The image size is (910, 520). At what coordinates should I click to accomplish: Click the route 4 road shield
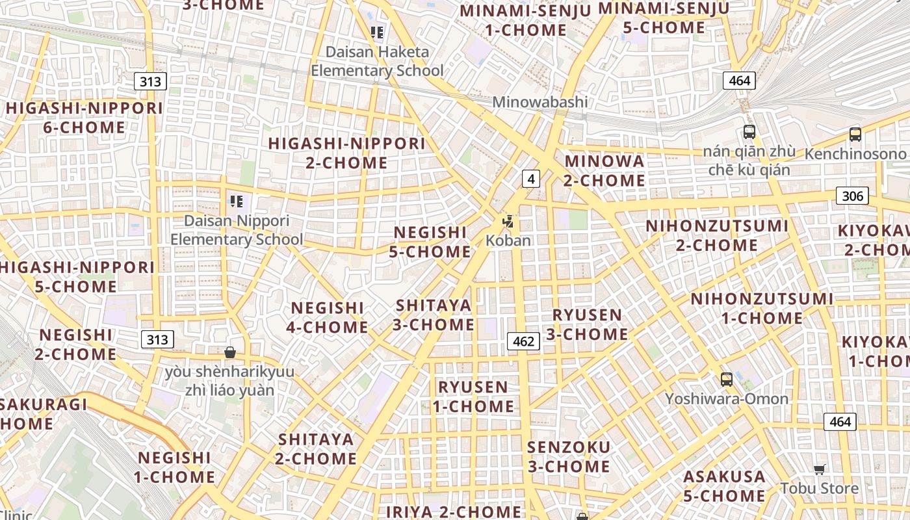click(x=531, y=179)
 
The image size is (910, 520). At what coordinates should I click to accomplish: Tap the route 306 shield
click(x=852, y=196)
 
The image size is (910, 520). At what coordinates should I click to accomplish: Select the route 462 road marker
click(x=523, y=341)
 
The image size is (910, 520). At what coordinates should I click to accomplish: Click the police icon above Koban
click(x=508, y=222)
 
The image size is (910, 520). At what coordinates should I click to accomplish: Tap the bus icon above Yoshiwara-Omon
click(x=727, y=380)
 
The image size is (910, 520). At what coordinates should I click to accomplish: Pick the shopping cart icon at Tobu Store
click(x=819, y=469)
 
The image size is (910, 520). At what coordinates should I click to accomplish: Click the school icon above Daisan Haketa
click(x=377, y=32)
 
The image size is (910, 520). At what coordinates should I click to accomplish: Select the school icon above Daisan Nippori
click(x=236, y=201)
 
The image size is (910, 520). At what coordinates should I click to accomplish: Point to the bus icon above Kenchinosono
click(x=855, y=135)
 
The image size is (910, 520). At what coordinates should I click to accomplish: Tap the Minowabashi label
click(x=539, y=102)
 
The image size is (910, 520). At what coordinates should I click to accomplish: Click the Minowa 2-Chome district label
click(x=604, y=170)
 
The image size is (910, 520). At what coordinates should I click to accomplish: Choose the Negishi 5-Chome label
click(x=430, y=242)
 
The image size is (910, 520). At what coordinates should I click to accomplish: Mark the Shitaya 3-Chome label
click(x=434, y=315)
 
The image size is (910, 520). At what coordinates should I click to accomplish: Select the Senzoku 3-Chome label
click(x=569, y=457)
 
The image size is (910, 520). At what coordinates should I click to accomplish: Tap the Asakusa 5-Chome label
click(x=724, y=486)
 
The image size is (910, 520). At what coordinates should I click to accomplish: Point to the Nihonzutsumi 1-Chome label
click(x=762, y=308)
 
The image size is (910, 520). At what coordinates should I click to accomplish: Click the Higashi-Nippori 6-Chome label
click(x=84, y=118)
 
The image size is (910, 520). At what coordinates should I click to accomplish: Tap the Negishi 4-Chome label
click(x=328, y=317)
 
